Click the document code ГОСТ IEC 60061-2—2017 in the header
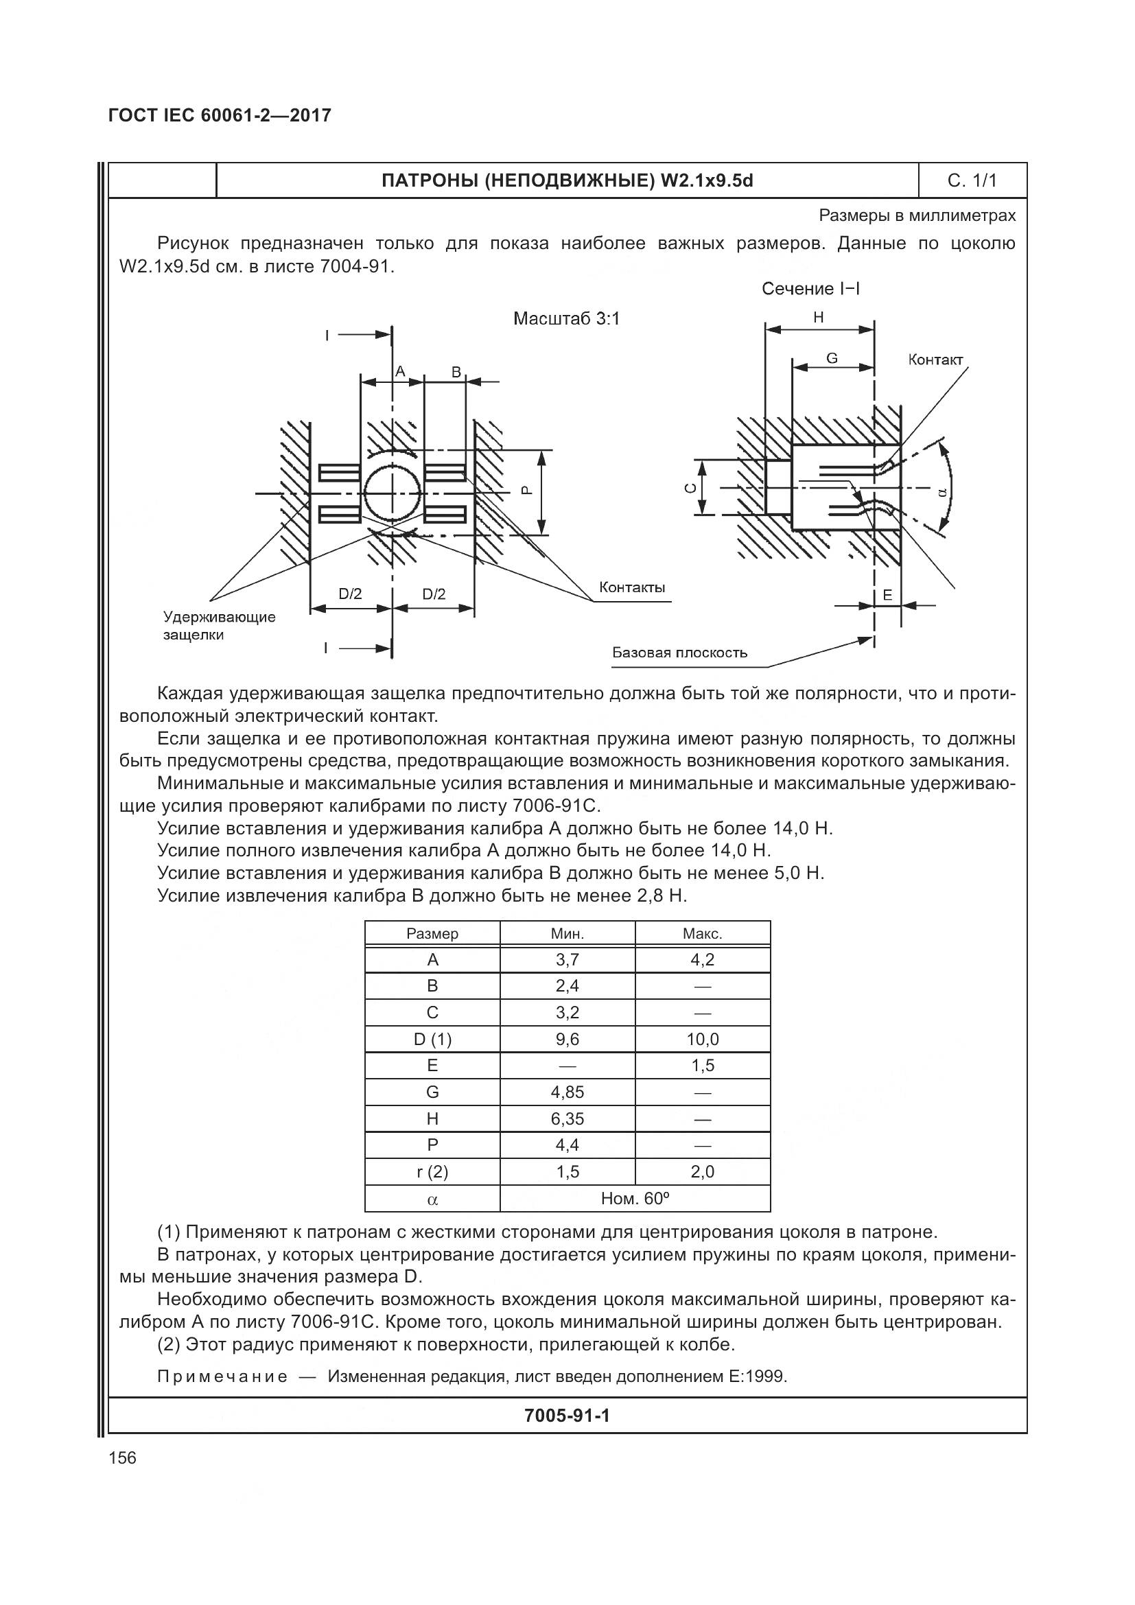[x=220, y=115]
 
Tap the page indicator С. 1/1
[x=972, y=180]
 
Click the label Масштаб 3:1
[x=566, y=319]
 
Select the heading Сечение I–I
[x=810, y=289]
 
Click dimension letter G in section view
[x=832, y=358]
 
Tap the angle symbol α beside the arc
[x=941, y=492]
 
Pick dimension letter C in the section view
[x=689, y=488]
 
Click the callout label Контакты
[x=632, y=587]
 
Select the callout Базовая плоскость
[x=679, y=652]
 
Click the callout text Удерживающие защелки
[x=219, y=626]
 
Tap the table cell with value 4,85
[x=567, y=1092]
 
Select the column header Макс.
[x=702, y=933]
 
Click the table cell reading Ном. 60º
[x=635, y=1199]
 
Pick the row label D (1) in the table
[x=432, y=1039]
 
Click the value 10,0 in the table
[x=702, y=1039]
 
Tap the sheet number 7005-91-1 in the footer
[x=567, y=1416]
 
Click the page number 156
[x=123, y=1457]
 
